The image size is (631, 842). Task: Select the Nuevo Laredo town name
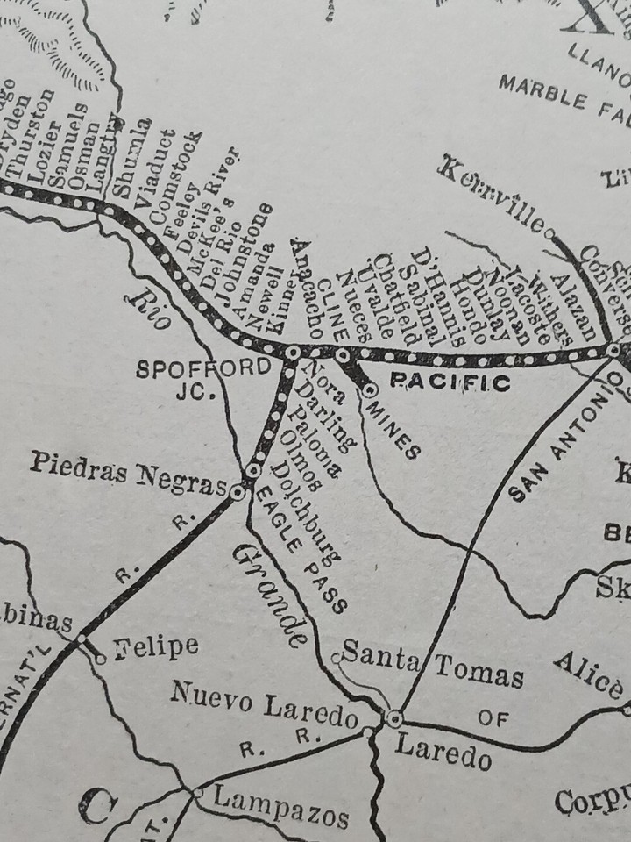tap(264, 707)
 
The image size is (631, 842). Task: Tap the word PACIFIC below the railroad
tap(449, 382)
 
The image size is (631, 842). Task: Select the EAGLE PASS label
tap(301, 550)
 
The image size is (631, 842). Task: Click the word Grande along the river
tap(271, 589)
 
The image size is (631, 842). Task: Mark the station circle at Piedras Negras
tap(237, 493)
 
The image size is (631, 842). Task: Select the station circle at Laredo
tap(394, 718)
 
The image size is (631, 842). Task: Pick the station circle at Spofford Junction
tap(292, 353)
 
